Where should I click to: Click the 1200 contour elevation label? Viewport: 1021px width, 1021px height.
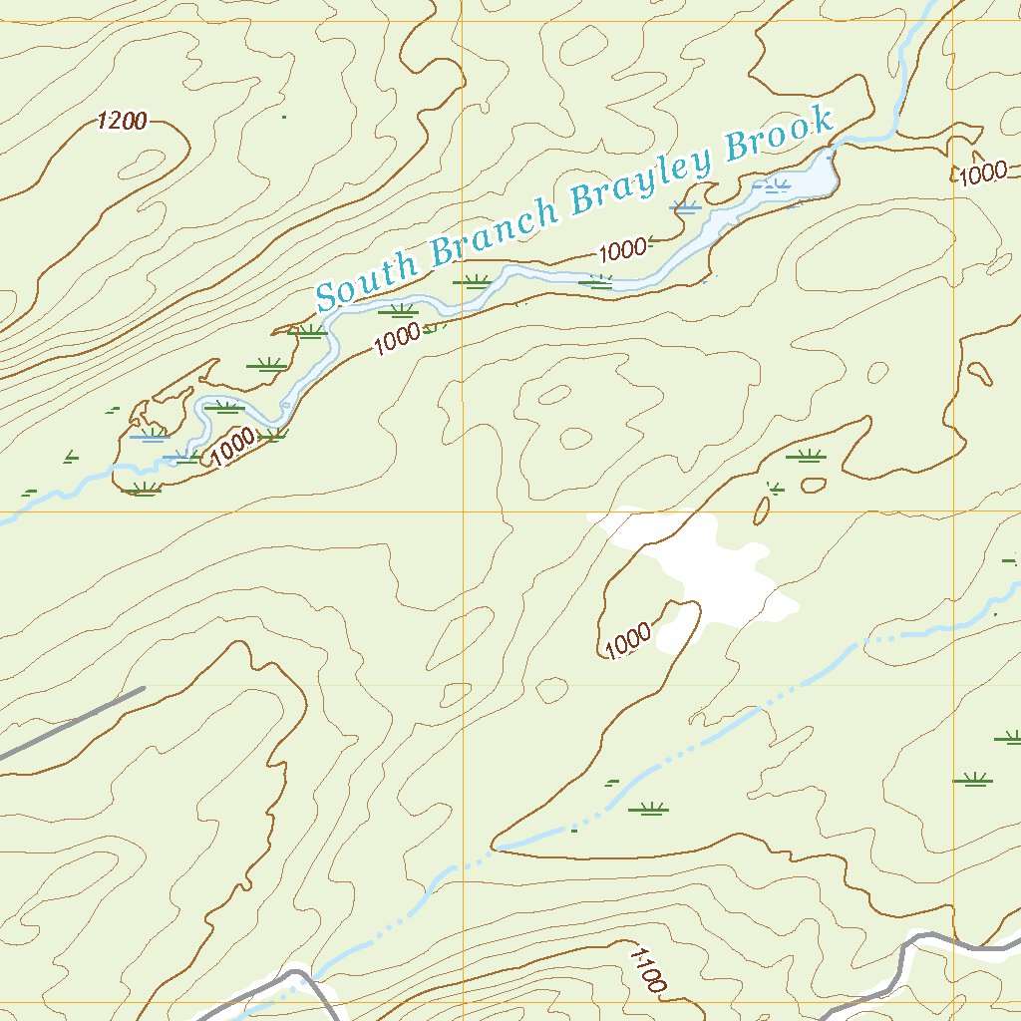pos(123,122)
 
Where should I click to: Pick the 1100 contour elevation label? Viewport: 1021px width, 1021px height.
pos(647,968)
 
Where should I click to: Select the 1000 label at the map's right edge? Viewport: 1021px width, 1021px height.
pos(982,172)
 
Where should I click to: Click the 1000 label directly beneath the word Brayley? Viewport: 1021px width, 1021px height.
pos(623,249)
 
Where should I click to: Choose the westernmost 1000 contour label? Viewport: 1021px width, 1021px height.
pos(233,447)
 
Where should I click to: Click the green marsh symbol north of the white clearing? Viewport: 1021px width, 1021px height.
pos(806,457)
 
